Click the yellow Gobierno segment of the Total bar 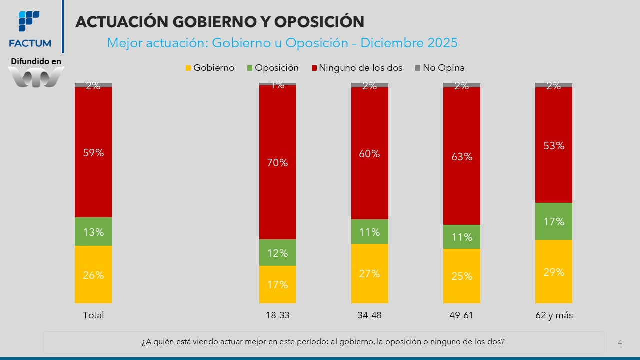[x=93, y=274]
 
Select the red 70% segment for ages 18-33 [x=277, y=162]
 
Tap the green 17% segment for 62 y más [x=554, y=221]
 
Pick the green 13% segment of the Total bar [x=93, y=232]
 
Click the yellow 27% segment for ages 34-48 [x=370, y=273]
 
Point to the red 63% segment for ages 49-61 [x=462, y=156]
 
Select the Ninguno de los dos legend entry [x=356, y=68]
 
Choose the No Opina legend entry [x=440, y=68]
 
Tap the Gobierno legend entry [x=209, y=68]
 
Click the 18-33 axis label [x=277, y=315]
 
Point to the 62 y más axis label [x=554, y=315]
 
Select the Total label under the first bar [x=93, y=315]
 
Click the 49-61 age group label [x=462, y=315]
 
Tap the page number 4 [x=620, y=342]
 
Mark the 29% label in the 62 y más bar [x=554, y=272]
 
